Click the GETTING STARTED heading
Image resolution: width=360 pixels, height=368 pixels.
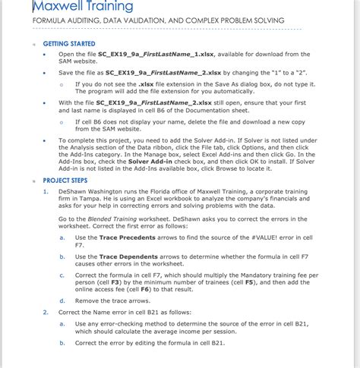click(69, 44)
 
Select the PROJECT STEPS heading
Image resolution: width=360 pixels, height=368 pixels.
click(65, 181)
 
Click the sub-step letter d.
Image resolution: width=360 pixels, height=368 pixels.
click(62, 302)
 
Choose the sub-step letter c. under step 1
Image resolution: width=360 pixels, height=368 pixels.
click(62, 274)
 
